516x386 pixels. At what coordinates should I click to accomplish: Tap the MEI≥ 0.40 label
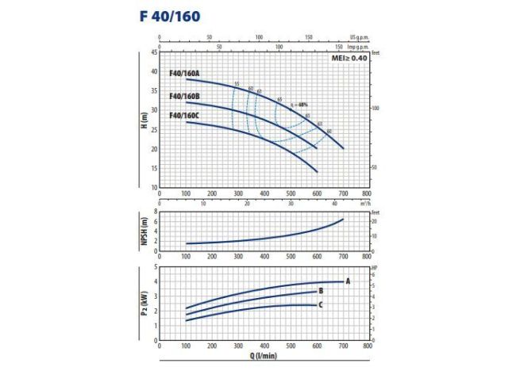point(350,59)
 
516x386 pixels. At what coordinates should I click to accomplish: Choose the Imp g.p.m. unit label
point(360,46)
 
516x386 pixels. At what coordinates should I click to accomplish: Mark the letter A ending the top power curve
point(348,281)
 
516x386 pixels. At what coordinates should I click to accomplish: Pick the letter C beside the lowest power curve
point(320,304)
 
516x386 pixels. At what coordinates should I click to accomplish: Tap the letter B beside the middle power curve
point(320,291)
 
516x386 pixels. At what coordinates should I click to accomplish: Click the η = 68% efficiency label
point(298,105)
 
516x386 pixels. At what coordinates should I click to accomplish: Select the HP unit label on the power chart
point(374,266)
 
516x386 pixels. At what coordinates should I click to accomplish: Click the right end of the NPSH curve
point(343,219)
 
